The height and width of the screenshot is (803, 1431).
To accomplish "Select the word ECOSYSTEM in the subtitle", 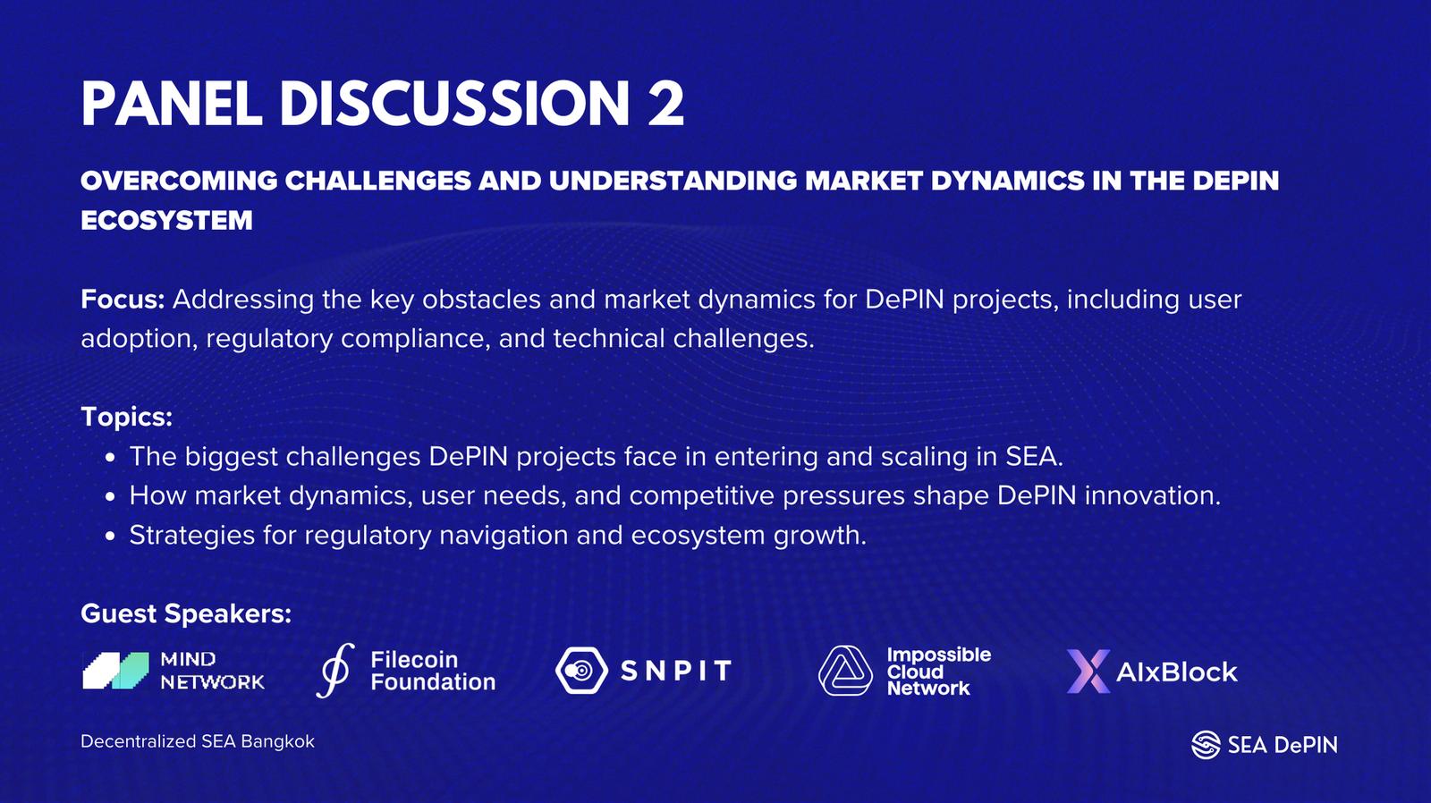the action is tap(166, 220).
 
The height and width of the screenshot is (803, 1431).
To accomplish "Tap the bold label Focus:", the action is tap(123, 299).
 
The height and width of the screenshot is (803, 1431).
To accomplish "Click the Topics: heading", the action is tap(126, 418).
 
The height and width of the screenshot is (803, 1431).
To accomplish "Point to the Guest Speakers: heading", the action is tap(186, 613).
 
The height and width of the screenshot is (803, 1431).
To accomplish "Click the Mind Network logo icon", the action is tap(115, 671).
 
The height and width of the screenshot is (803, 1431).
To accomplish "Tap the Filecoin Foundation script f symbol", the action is tap(335, 670).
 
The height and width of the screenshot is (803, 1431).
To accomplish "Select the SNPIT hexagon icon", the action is tap(581, 671).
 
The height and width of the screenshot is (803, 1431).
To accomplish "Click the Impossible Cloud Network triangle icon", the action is tap(845, 671).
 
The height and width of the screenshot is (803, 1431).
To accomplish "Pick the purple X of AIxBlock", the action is tap(1088, 672).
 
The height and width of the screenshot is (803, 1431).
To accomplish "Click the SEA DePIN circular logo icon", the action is tap(1207, 745).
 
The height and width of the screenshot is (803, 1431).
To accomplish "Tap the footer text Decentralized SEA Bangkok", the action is tap(198, 741).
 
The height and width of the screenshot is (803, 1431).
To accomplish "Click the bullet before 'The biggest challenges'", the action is tap(110, 458).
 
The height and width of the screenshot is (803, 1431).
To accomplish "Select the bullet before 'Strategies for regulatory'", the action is tap(110, 537).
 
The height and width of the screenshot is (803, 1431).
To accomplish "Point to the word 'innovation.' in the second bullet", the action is tap(1153, 496).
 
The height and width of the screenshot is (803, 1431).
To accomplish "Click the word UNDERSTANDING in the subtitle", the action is tap(673, 181).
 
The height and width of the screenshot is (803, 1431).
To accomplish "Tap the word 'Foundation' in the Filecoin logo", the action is tap(433, 682).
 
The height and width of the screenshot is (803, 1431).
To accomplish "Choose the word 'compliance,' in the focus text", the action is tap(416, 339).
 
